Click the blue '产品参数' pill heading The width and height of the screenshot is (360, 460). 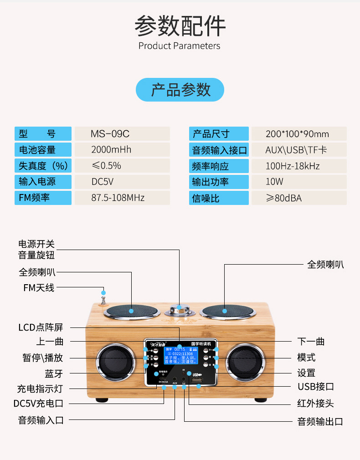[180, 90]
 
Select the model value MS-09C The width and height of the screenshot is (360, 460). [110, 134]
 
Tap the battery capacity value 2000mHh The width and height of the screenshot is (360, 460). [111, 150]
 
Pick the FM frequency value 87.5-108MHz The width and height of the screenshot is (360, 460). [118, 198]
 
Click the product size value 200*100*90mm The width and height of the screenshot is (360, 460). [297, 134]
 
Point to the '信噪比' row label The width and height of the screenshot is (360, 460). [206, 198]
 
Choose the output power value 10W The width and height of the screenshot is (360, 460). [274, 182]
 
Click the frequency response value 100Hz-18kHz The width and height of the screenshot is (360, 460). [293, 166]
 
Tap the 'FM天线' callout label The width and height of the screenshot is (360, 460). [39, 288]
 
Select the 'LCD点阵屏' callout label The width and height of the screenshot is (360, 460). [41, 327]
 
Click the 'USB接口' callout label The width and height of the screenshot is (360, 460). [316, 387]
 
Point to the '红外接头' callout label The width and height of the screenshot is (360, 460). [316, 404]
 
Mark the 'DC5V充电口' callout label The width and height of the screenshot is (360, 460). [38, 404]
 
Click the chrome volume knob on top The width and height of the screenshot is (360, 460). [179, 311]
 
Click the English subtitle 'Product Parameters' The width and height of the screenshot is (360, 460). [180, 46]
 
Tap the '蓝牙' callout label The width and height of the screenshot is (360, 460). [54, 373]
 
